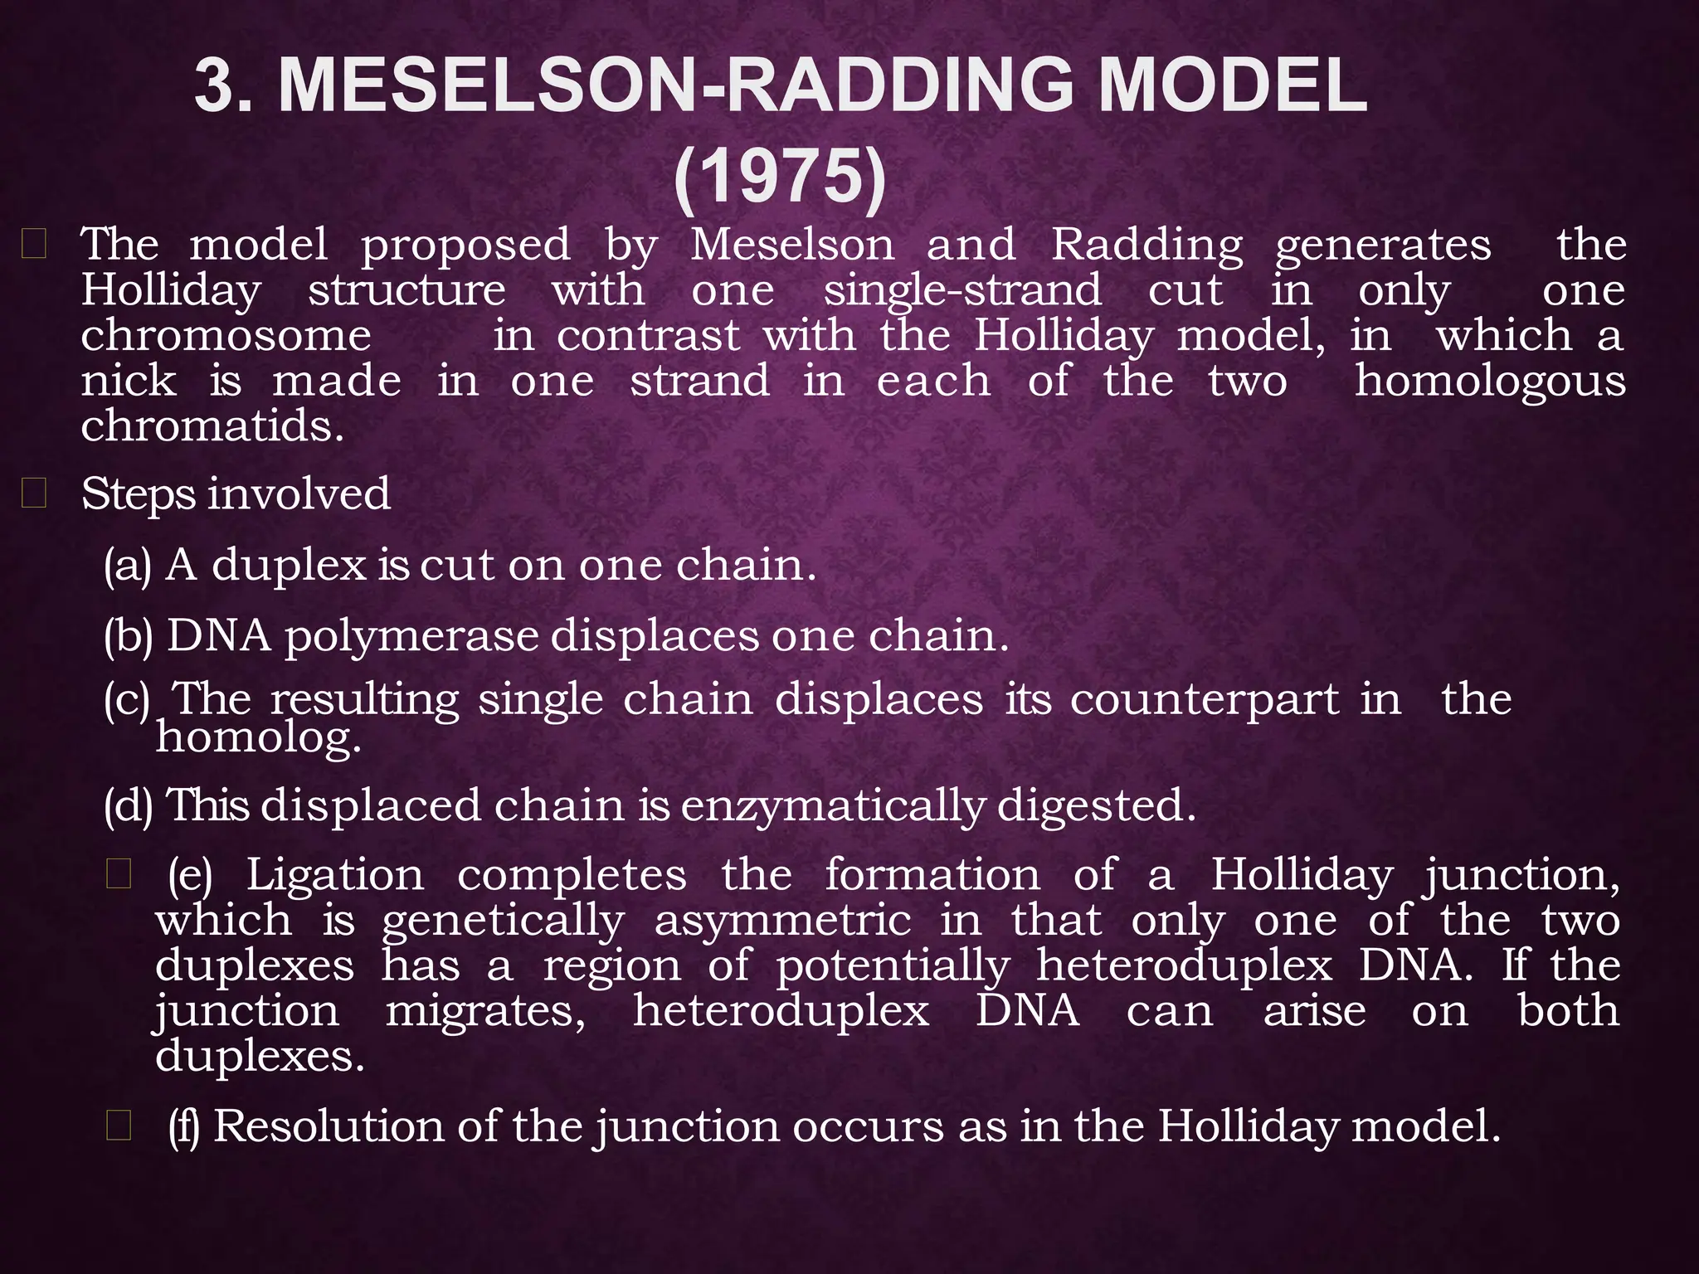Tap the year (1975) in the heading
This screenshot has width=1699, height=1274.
click(781, 177)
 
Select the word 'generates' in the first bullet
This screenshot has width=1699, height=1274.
click(1383, 246)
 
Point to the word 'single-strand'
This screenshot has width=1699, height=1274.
click(962, 291)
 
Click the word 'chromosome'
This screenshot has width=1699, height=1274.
click(226, 337)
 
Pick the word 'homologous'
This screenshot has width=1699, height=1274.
click(1489, 382)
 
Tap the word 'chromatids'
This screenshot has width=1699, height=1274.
click(212, 426)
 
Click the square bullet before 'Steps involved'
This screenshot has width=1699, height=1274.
click(34, 494)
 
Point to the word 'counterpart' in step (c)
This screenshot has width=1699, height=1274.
click(1204, 699)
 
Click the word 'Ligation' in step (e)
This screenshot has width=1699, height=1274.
click(335, 876)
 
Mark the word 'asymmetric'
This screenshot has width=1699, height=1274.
click(782, 921)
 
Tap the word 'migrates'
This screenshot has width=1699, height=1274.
click(485, 1012)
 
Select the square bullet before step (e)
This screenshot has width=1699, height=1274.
click(119, 875)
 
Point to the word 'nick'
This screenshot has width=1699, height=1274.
click(129, 382)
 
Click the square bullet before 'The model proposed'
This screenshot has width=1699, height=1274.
click(34, 246)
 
